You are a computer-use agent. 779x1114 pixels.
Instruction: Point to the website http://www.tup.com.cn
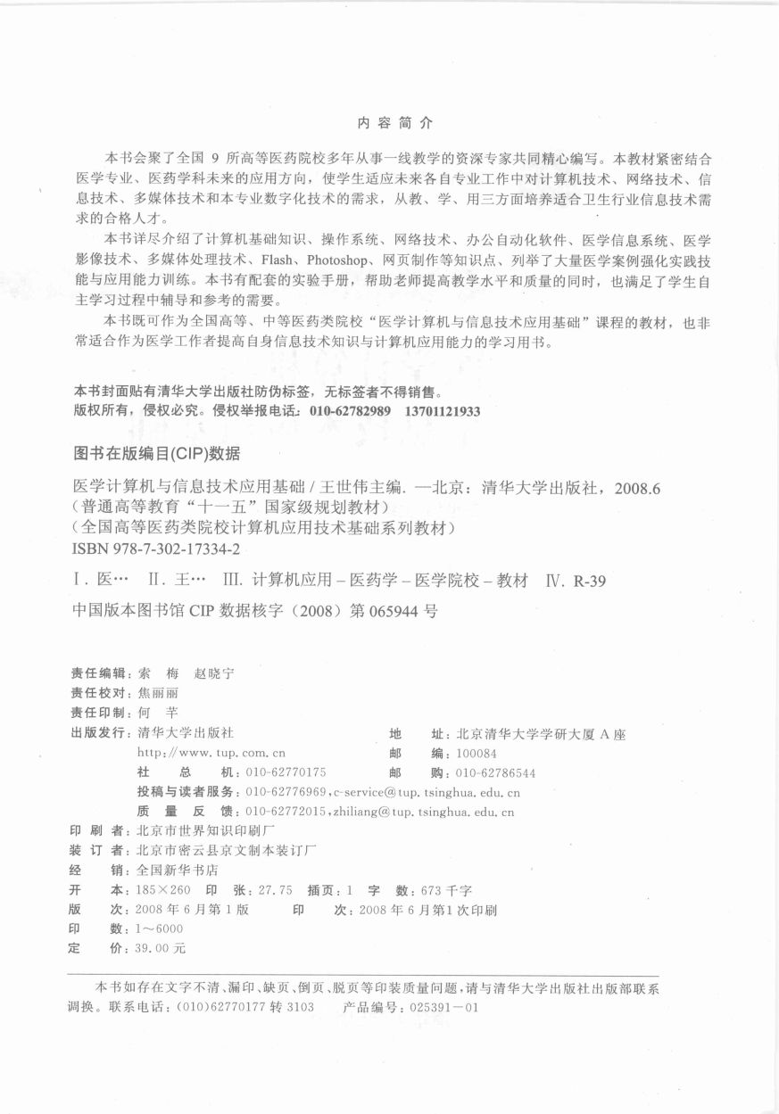click(211, 753)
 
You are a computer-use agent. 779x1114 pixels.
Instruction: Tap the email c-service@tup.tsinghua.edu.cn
click(427, 792)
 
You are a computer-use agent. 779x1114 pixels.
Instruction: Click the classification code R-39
click(590, 581)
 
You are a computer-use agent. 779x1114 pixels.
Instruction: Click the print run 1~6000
click(156, 928)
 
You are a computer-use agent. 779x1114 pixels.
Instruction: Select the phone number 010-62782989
click(350, 412)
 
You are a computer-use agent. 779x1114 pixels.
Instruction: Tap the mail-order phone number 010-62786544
click(495, 772)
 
